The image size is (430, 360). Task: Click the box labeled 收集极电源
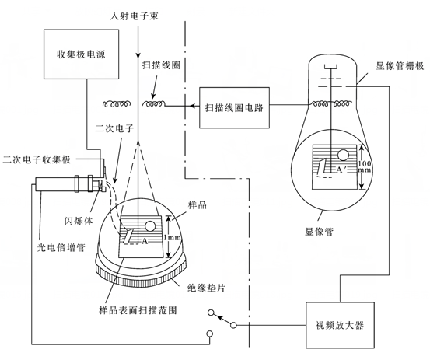pyautogui.click(x=81, y=54)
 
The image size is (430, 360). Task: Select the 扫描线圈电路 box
pyautogui.click(x=234, y=108)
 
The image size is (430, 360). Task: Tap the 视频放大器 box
pyautogui.click(x=340, y=325)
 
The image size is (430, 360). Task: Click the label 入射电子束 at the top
pyautogui.click(x=134, y=16)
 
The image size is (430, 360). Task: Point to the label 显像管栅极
pyautogui.click(x=400, y=66)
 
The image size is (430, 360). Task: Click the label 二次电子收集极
pyautogui.click(x=37, y=159)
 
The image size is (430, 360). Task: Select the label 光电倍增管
pyautogui.click(x=61, y=247)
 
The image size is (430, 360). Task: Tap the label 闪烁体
pyautogui.click(x=79, y=221)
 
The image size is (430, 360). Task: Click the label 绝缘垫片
pyautogui.click(x=206, y=288)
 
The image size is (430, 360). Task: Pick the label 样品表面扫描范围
pyautogui.click(x=138, y=310)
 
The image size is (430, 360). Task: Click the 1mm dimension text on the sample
pyautogui.click(x=173, y=237)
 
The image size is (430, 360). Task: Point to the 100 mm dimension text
pyautogui.click(x=365, y=166)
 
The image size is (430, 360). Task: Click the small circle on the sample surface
pyautogui.click(x=150, y=226)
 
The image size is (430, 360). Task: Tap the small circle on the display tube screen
pyautogui.click(x=343, y=156)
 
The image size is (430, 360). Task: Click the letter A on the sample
pyautogui.click(x=145, y=242)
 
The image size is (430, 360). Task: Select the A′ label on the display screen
pyautogui.click(x=341, y=170)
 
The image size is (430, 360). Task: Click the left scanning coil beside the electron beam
pyautogui.click(x=115, y=103)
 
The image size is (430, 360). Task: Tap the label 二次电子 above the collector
pyautogui.click(x=114, y=128)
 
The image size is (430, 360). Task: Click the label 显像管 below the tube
pyautogui.click(x=320, y=232)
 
